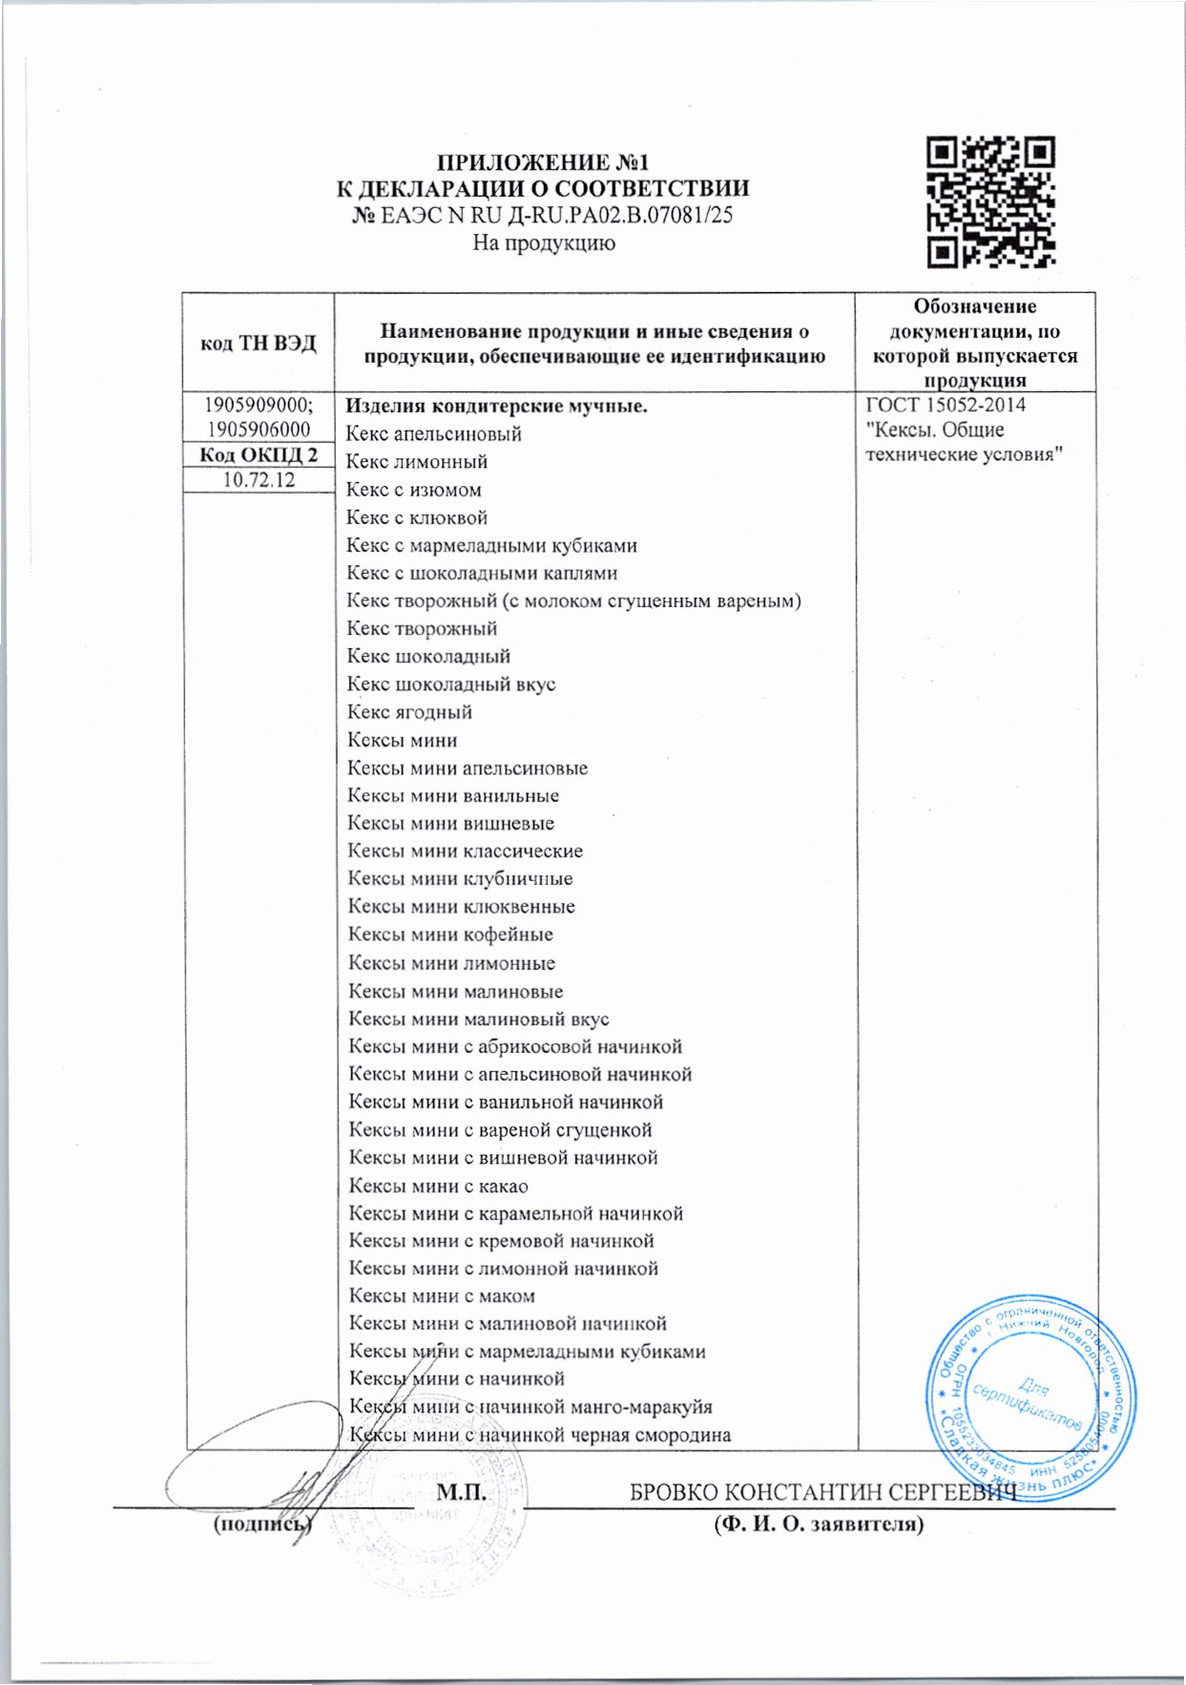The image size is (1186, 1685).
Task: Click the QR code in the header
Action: coord(991,201)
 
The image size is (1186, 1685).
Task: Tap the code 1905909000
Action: coord(258,405)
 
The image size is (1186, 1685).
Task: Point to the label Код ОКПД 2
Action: coord(258,455)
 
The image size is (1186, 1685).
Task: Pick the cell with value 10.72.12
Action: coord(258,480)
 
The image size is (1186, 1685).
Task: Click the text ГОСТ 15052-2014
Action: coord(945,405)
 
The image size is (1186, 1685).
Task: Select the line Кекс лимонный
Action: coord(417,462)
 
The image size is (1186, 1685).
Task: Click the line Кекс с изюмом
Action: coord(414,490)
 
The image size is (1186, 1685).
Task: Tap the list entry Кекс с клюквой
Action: coord(417,517)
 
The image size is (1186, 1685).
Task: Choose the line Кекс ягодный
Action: coord(409,712)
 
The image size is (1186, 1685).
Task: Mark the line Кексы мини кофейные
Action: coord(450,935)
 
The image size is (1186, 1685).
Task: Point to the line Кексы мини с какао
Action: coord(438,1186)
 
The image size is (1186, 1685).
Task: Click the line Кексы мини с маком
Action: coord(442,1296)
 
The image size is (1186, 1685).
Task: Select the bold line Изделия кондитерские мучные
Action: coord(497,406)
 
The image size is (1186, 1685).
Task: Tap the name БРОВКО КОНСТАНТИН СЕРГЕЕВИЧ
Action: coord(822,1492)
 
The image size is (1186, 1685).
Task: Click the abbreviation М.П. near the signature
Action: coord(462,1492)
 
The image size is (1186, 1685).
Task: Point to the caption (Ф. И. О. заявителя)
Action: coord(819,1525)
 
